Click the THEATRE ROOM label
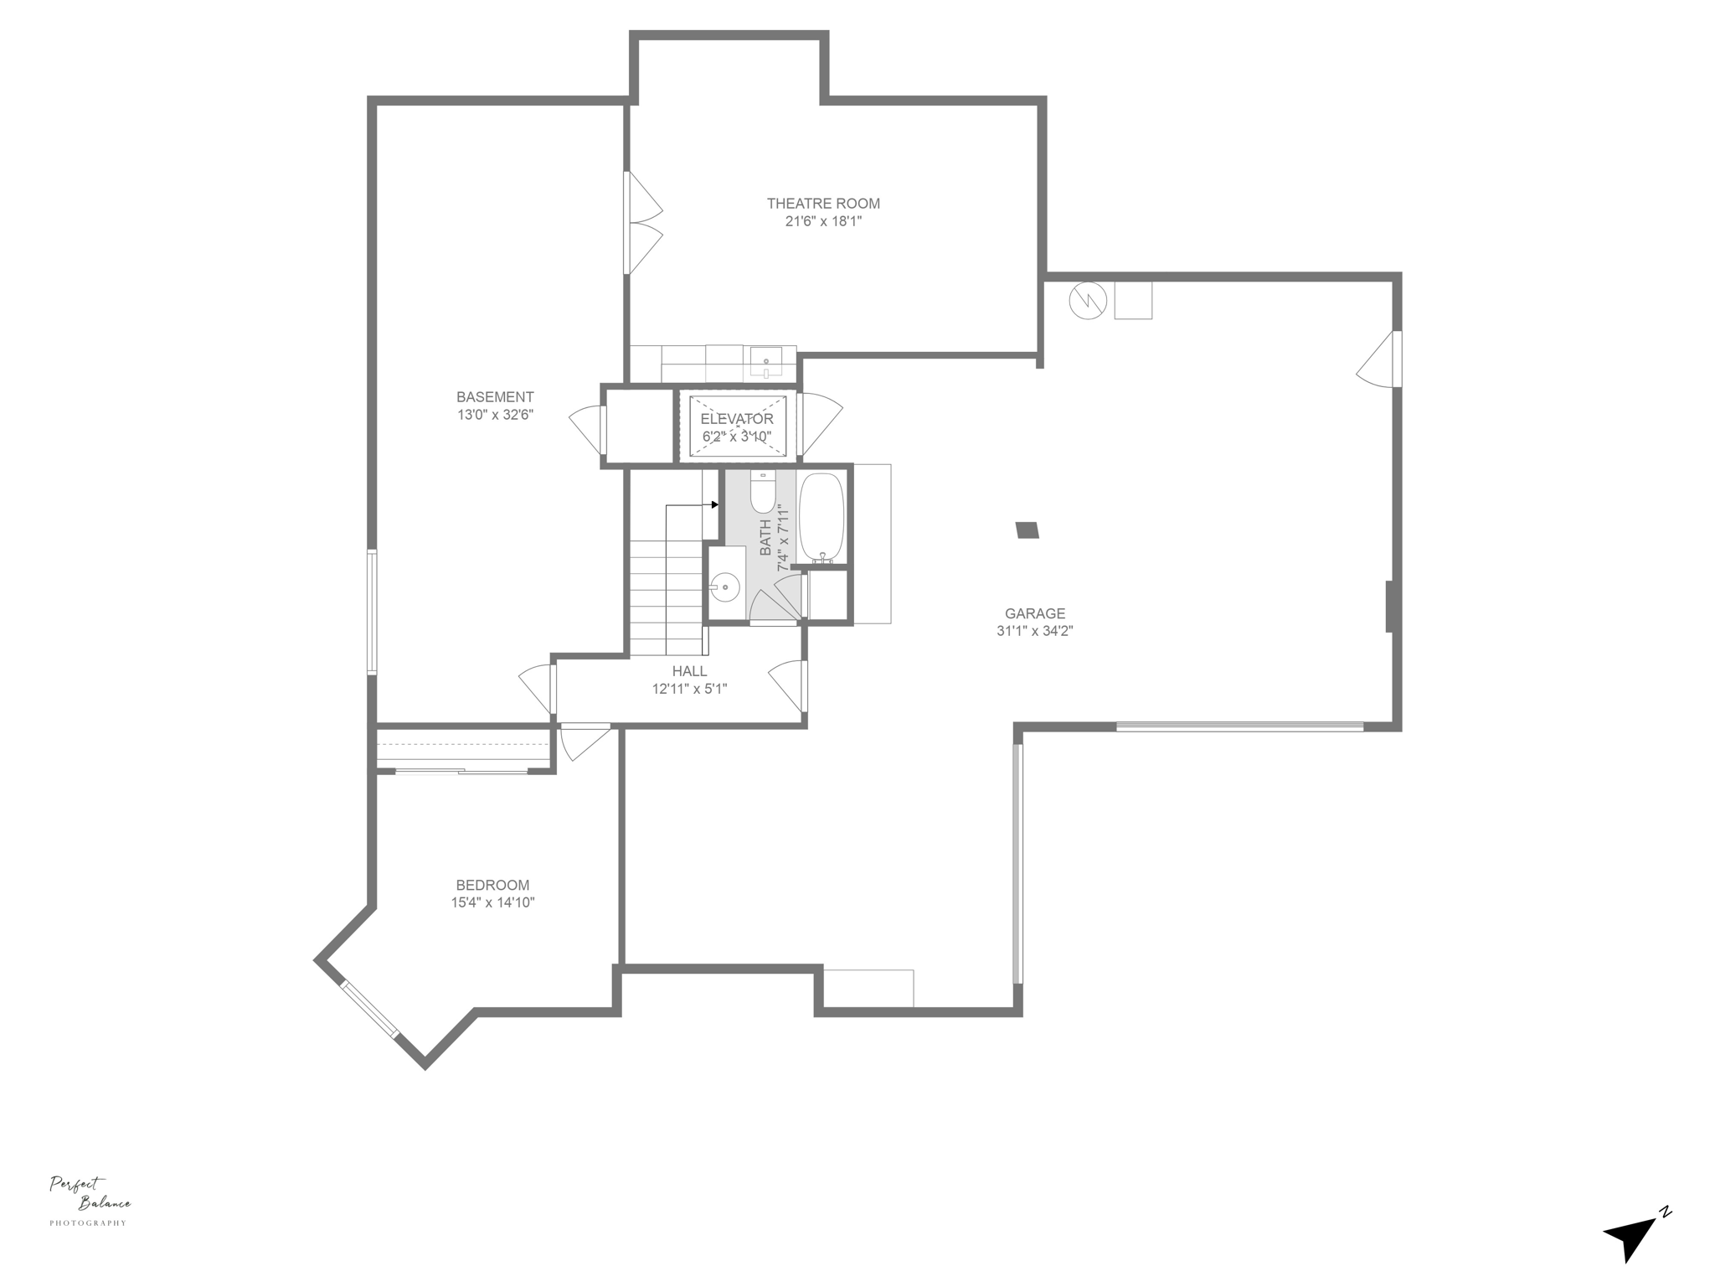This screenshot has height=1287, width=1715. pyautogui.click(x=823, y=204)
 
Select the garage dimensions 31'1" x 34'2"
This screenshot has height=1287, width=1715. pyautogui.click(x=1034, y=631)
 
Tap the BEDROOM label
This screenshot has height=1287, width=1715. pyautogui.click(x=492, y=885)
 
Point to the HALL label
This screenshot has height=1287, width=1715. pyautogui.click(x=689, y=671)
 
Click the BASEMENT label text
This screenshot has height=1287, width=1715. pyautogui.click(x=495, y=397)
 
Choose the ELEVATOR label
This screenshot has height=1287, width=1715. pyautogui.click(x=737, y=419)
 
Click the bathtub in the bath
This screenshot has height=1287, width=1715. pyautogui.click(x=821, y=518)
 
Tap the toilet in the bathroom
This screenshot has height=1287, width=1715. pyautogui.click(x=763, y=494)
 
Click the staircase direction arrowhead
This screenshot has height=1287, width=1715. pyautogui.click(x=714, y=504)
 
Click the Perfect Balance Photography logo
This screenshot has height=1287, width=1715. pyautogui.click(x=90, y=1200)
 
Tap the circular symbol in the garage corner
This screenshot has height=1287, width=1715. pyautogui.click(x=1088, y=300)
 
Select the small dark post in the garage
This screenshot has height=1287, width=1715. pyautogui.click(x=1027, y=530)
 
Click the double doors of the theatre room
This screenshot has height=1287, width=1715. pyautogui.click(x=643, y=223)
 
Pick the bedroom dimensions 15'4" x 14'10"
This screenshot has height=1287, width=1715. pyautogui.click(x=492, y=902)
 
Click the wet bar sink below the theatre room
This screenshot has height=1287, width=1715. pyautogui.click(x=766, y=364)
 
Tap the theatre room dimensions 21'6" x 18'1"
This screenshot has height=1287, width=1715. pyautogui.click(x=823, y=221)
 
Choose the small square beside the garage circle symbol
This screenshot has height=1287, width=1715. pyautogui.click(x=1133, y=300)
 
